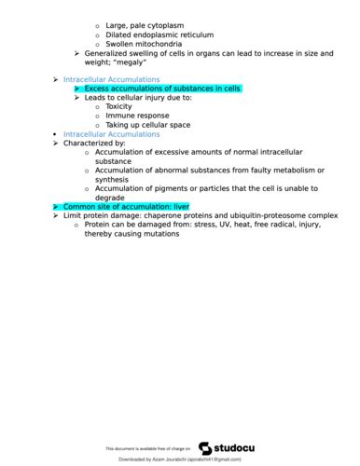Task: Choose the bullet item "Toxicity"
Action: [x=118, y=106]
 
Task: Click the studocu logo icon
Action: [x=205, y=448]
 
